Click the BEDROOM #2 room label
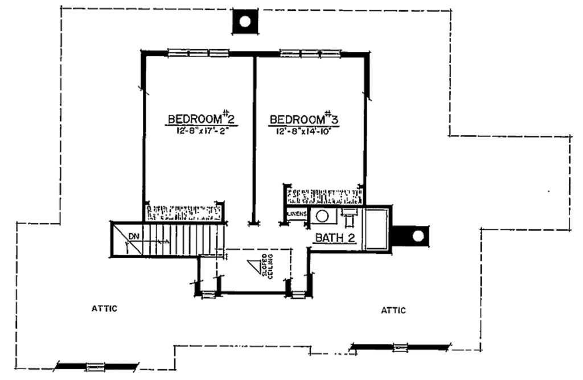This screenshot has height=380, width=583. pyautogui.click(x=200, y=119)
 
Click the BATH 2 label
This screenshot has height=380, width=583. pyautogui.click(x=336, y=238)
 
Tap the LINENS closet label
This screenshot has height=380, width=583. pyautogui.click(x=297, y=214)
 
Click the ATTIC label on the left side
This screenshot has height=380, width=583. pyautogui.click(x=104, y=309)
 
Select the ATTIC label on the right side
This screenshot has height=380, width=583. pyautogui.click(x=393, y=310)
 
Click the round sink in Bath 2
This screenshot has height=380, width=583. pyautogui.click(x=323, y=217)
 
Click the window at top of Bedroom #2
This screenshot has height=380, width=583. pyautogui.click(x=198, y=53)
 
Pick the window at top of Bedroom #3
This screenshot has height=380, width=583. pyautogui.click(x=310, y=53)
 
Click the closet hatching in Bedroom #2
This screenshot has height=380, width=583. pyautogui.click(x=184, y=212)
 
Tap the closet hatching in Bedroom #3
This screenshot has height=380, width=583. pyautogui.click(x=325, y=196)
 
